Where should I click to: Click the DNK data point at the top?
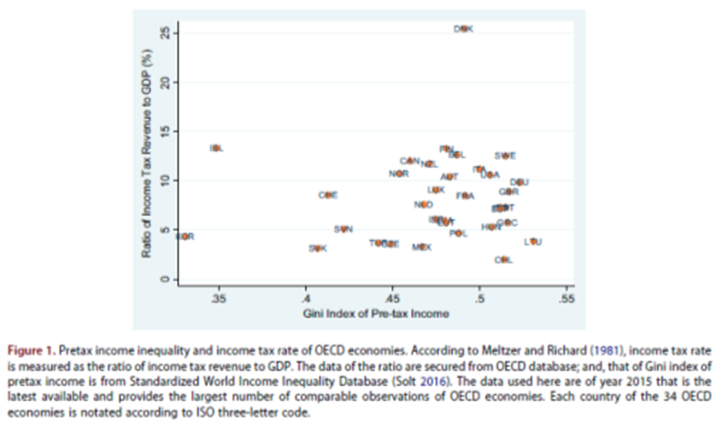pyautogui.click(x=464, y=29)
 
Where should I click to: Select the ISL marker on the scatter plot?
pyautogui.click(x=216, y=148)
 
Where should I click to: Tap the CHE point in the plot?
pyautogui.click(x=328, y=195)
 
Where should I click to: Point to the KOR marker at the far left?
pyautogui.click(x=186, y=237)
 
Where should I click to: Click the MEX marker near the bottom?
pyautogui.click(x=422, y=247)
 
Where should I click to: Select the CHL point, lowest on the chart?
pyautogui.click(x=503, y=259)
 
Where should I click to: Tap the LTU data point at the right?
pyautogui.click(x=533, y=242)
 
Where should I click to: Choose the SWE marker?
pyautogui.click(x=505, y=155)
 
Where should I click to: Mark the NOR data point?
pyautogui.click(x=399, y=174)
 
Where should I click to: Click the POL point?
pyautogui.click(x=458, y=234)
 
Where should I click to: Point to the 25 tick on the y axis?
pyautogui.click(x=165, y=31)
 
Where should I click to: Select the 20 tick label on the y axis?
pyautogui.click(x=165, y=81)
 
